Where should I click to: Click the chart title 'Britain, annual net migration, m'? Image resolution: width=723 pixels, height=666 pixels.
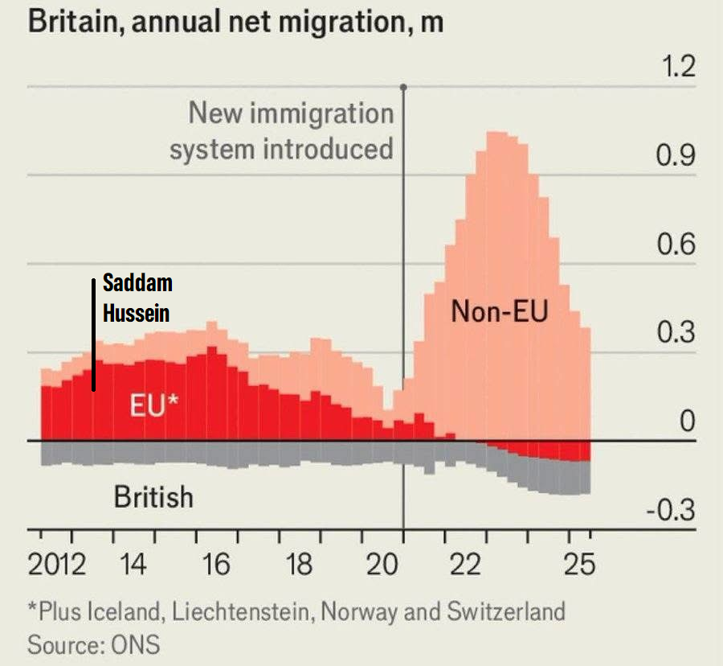(x=235, y=21)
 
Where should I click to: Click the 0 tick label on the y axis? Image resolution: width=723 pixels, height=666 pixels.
(x=687, y=421)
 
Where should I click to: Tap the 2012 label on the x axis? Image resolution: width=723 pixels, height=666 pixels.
(x=57, y=565)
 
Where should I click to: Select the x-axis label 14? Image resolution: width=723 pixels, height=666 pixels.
(x=134, y=565)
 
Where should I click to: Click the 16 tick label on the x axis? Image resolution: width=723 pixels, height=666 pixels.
(x=217, y=565)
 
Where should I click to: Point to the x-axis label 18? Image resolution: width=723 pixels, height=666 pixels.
(x=300, y=565)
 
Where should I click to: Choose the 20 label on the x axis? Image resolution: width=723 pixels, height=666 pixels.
(x=383, y=565)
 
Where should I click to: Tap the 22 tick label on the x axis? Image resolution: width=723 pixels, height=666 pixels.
(x=466, y=565)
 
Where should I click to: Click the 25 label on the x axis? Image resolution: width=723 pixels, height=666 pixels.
(x=579, y=565)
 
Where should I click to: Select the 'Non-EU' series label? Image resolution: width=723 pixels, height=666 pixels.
(x=499, y=311)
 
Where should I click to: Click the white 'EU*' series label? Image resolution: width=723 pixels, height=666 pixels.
(x=153, y=406)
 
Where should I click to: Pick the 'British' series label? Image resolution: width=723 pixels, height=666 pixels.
(x=153, y=496)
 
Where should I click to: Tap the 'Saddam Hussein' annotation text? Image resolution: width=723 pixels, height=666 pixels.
(x=137, y=298)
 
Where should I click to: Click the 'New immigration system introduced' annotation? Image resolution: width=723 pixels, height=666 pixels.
(x=282, y=131)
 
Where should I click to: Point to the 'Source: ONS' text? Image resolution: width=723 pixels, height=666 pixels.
(x=93, y=644)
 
